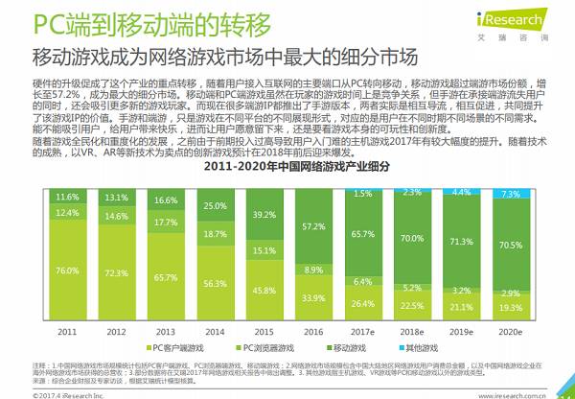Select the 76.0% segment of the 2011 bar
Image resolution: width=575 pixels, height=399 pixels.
67,270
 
